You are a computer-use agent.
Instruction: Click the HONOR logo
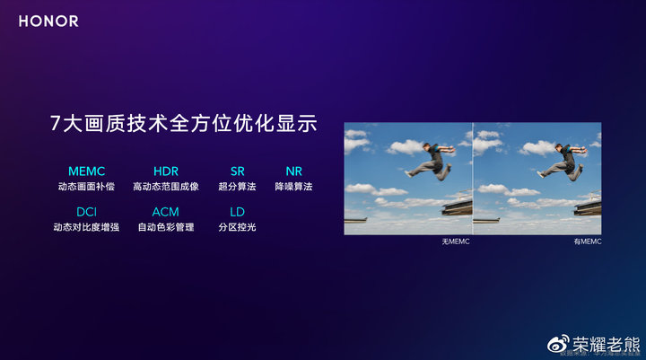click(x=48, y=21)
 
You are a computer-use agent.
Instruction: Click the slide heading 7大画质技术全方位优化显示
click(x=184, y=124)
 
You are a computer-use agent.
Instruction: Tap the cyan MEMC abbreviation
click(x=86, y=171)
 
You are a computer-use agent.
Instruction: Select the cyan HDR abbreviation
click(x=166, y=171)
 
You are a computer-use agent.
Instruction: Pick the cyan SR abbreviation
click(x=237, y=171)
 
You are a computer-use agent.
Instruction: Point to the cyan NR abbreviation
click(x=293, y=171)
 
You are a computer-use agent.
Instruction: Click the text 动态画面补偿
click(x=86, y=187)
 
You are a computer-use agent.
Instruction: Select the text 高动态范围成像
click(x=166, y=187)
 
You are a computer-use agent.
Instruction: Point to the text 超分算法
click(x=237, y=187)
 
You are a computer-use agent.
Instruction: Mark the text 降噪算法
click(x=293, y=187)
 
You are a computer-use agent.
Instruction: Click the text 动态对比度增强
click(x=86, y=227)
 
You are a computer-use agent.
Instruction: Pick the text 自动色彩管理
click(x=166, y=227)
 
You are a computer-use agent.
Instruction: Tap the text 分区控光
click(x=237, y=227)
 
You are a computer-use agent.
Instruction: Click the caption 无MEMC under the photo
click(x=456, y=242)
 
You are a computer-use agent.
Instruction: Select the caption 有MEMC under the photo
click(x=588, y=242)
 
